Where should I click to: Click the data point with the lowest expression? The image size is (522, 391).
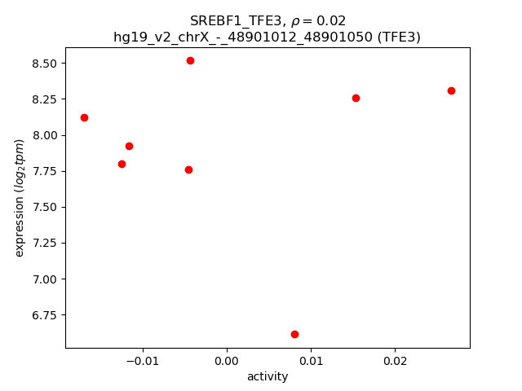click(294, 334)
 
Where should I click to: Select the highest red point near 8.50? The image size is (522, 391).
click(190, 60)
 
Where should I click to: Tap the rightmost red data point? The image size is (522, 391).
click(451, 90)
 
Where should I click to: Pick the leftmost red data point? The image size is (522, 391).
click(84, 117)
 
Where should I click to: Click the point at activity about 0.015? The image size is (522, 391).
click(356, 98)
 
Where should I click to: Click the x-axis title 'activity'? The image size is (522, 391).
click(268, 376)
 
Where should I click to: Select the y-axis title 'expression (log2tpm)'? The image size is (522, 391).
click(20, 198)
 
